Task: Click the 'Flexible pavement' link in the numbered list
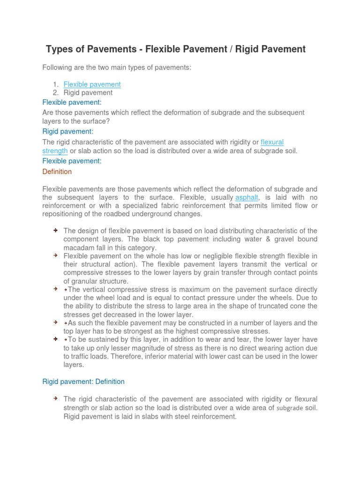92,84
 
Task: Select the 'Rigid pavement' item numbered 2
88,93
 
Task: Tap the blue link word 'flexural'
272,142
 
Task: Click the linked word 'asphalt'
247,197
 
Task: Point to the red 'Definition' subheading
57,172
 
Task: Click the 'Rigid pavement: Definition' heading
83,382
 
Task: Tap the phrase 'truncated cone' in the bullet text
277,306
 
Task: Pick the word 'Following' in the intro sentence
57,67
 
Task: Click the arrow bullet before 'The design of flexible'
55,231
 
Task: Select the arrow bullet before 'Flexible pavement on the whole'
55,256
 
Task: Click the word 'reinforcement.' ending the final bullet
214,416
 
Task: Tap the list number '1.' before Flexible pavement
55,84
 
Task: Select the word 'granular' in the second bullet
84,281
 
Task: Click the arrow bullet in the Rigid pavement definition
55,398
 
